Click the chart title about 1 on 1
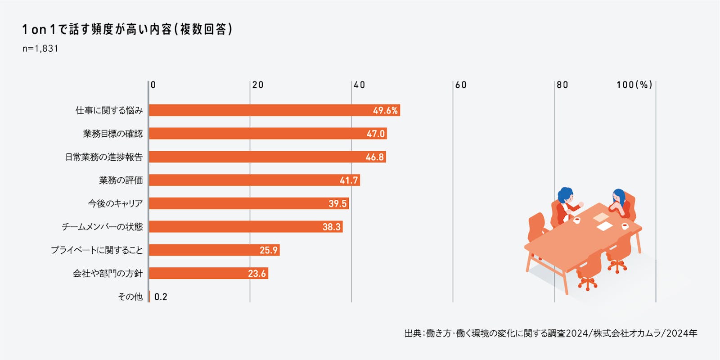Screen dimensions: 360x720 click(127, 29)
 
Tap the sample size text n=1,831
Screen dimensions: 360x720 click(40, 49)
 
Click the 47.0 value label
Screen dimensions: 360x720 click(375, 134)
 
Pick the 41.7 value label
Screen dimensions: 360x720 click(349, 180)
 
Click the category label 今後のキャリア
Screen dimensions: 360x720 click(115, 203)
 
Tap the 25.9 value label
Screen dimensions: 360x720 click(269, 250)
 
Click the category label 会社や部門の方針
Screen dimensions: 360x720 click(108, 274)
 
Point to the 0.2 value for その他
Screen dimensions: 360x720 click(161, 297)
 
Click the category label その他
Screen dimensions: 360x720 click(130, 297)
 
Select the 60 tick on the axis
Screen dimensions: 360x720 click(461, 85)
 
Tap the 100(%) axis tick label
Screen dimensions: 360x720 click(634, 85)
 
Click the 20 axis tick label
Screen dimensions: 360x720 click(258, 85)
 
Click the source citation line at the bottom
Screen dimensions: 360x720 click(550, 333)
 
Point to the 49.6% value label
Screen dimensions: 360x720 click(385, 111)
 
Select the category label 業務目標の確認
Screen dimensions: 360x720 click(112, 134)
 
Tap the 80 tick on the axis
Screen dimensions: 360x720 click(562, 85)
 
